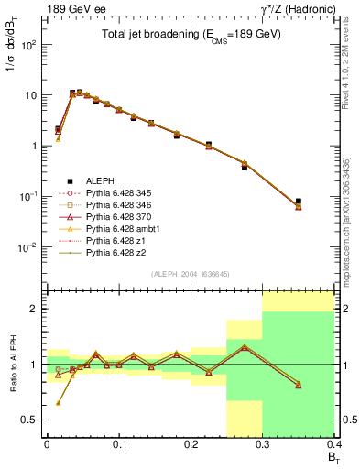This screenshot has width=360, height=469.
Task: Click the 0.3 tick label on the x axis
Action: [264, 445]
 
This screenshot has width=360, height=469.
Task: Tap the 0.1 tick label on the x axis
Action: [118, 445]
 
